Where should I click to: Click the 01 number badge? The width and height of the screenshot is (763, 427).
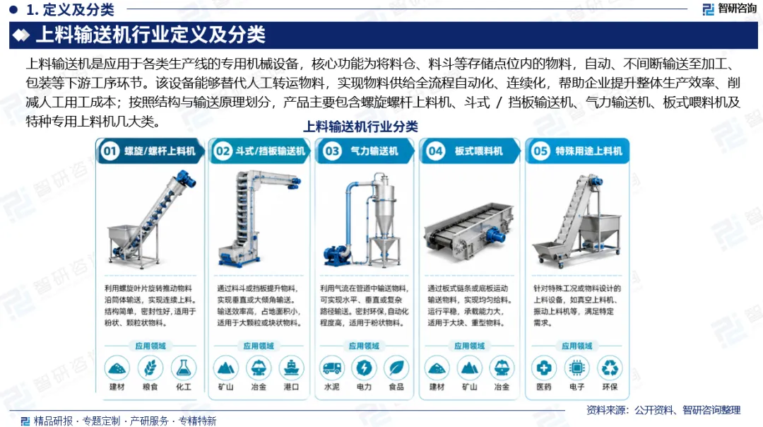click(x=110, y=151)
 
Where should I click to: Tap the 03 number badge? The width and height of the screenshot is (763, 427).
click(x=332, y=151)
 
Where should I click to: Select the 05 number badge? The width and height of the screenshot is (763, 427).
click(x=540, y=151)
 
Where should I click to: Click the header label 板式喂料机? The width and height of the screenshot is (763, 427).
click(x=478, y=151)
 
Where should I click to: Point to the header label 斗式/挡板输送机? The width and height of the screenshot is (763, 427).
click(x=270, y=151)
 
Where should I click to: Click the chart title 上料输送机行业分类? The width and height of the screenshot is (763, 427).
click(x=360, y=127)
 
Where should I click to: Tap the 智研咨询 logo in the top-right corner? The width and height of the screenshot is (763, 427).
click(x=729, y=8)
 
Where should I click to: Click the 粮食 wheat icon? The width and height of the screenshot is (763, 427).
click(x=150, y=368)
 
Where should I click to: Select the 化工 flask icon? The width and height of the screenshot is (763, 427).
click(x=184, y=368)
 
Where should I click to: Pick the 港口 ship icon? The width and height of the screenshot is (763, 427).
click(x=291, y=368)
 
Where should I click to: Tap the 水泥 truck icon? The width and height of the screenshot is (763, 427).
click(x=332, y=368)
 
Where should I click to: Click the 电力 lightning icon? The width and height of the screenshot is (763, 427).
click(x=364, y=368)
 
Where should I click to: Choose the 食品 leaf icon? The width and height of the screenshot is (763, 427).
click(x=396, y=368)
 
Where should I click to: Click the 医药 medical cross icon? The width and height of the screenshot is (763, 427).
click(x=543, y=368)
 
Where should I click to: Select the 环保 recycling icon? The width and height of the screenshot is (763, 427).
click(x=610, y=368)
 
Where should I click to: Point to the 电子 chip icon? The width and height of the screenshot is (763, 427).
click(x=576, y=368)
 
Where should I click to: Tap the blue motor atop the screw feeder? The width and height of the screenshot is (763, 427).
click(x=185, y=180)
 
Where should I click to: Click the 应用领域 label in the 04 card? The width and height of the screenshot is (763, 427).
click(x=469, y=346)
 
